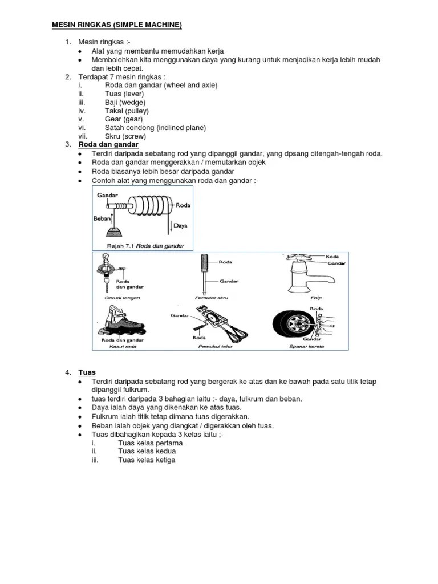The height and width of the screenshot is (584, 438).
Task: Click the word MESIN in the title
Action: click(x=64, y=26)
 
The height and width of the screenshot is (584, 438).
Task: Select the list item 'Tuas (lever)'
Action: click(x=124, y=94)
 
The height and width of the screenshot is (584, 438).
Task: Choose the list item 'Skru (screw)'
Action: click(x=125, y=136)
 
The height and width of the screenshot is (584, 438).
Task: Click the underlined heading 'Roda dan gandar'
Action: click(x=108, y=145)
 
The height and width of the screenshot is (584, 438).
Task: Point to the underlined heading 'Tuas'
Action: click(x=87, y=372)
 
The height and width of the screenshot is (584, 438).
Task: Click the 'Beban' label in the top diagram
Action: click(x=102, y=218)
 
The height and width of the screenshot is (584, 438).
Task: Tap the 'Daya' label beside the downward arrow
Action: click(x=181, y=226)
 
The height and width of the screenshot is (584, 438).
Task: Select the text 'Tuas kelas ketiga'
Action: click(x=147, y=460)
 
